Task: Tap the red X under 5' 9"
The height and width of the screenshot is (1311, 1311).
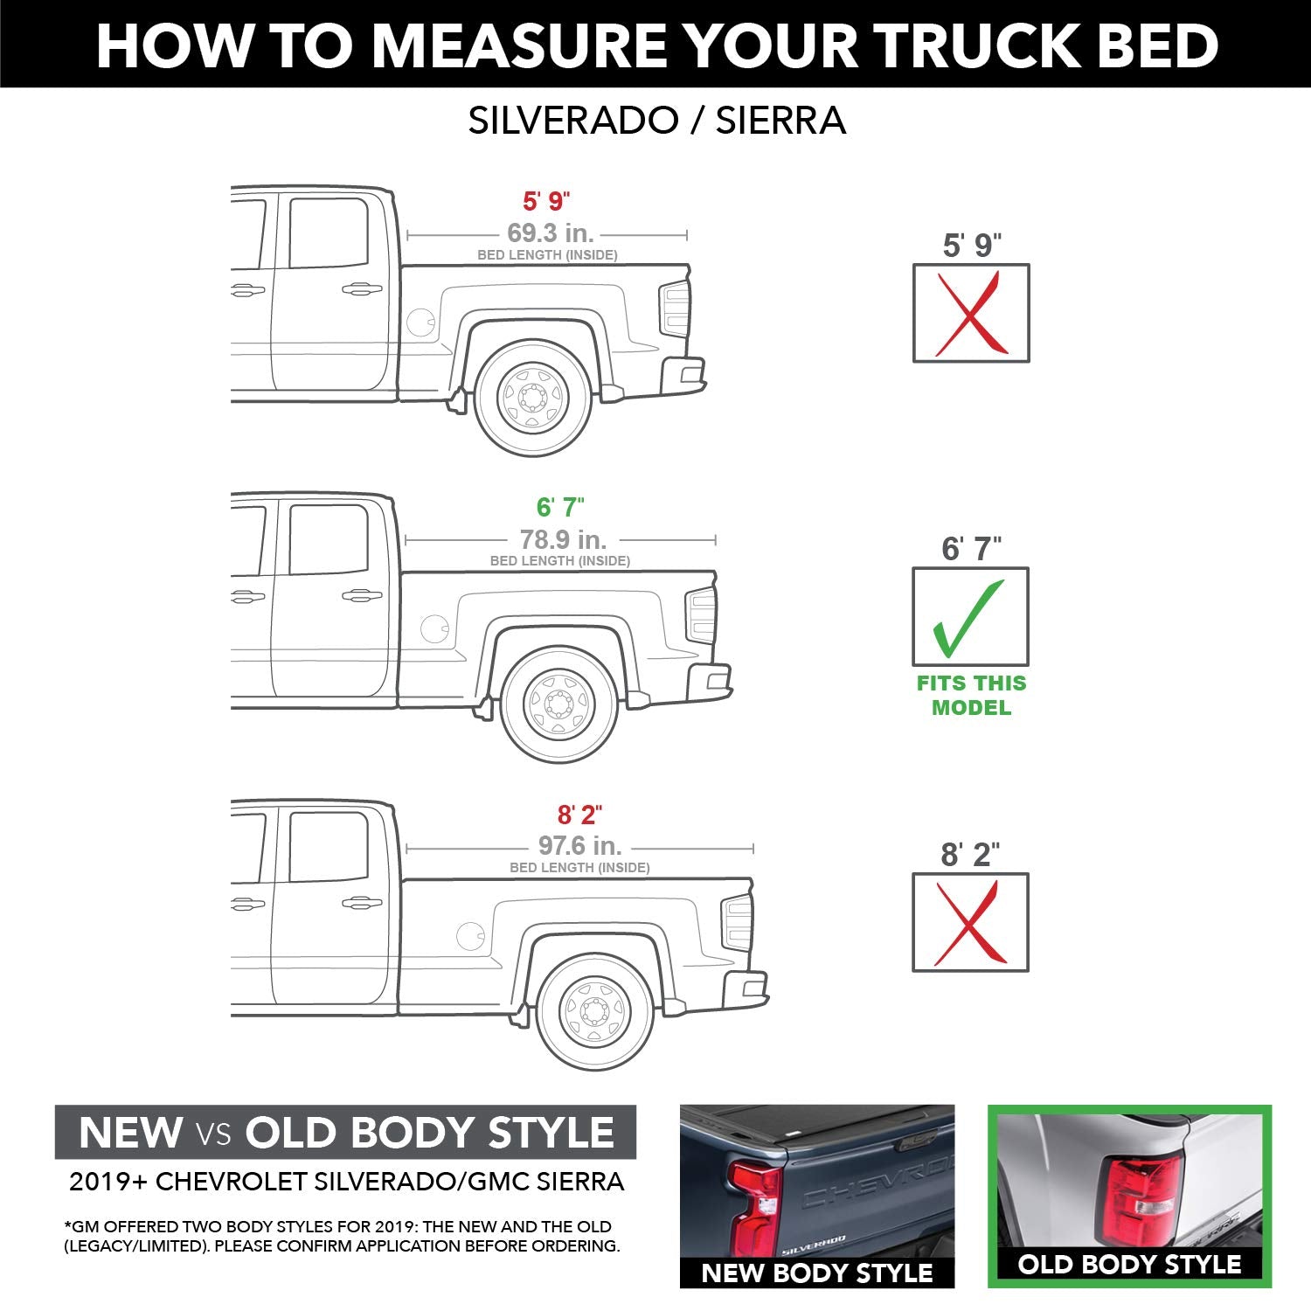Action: pyautogui.click(x=970, y=313)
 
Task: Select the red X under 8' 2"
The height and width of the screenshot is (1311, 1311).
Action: pyautogui.click(x=970, y=922)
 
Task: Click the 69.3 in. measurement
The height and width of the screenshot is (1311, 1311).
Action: pyautogui.click(x=550, y=233)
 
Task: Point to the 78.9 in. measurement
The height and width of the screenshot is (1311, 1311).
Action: pyautogui.click(x=563, y=539)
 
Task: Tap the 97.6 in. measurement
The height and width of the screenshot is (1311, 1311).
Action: pyautogui.click(x=579, y=846)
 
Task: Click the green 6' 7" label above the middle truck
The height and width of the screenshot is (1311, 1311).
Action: pyautogui.click(x=560, y=507)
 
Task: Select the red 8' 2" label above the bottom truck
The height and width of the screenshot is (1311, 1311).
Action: pyautogui.click(x=579, y=815)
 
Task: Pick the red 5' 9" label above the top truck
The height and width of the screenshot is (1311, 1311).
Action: pyautogui.click(x=546, y=201)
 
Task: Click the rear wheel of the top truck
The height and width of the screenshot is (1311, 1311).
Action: pyautogui.click(x=532, y=399)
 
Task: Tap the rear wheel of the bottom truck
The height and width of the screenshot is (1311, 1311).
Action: pyautogui.click(x=595, y=1012)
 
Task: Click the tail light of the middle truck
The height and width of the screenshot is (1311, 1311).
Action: pyautogui.click(x=702, y=615)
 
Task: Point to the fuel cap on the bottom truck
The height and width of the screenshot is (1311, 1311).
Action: pyautogui.click(x=470, y=935)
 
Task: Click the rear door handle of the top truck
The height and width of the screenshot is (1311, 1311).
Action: pyautogui.click(x=361, y=288)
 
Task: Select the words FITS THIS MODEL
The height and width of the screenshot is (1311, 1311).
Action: pyautogui.click(x=970, y=696)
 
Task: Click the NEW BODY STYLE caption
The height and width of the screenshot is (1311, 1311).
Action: pyautogui.click(x=816, y=1273)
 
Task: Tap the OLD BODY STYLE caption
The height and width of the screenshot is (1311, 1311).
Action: pyautogui.click(x=1129, y=1264)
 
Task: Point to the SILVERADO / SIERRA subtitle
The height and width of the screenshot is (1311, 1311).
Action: pyautogui.click(x=656, y=121)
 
